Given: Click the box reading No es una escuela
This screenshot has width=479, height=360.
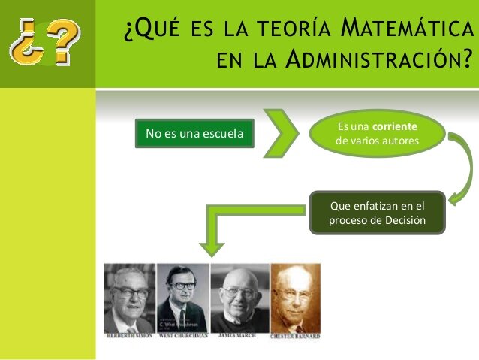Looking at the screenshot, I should pos(194,134).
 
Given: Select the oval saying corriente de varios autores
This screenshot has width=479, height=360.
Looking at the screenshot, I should pos(378,134).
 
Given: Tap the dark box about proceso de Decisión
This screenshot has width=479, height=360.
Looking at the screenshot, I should pos(378,213).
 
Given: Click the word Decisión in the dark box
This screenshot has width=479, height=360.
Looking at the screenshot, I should pos(407,220).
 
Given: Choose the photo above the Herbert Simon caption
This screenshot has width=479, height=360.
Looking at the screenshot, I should pos(129,297).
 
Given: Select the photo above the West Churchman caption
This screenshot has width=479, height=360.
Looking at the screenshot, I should pos(182,297).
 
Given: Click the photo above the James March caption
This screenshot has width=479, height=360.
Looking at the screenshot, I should pos(239,297).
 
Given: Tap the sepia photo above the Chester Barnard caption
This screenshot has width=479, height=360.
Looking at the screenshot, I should pos(295,297).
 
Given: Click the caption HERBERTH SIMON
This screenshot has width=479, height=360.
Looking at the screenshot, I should pos(129,335).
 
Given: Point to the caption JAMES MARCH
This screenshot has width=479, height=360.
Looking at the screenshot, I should pos(240,335).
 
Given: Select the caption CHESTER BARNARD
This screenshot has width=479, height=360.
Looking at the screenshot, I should pos(295,335).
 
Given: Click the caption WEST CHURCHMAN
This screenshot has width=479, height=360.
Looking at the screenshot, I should pos(184,335).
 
